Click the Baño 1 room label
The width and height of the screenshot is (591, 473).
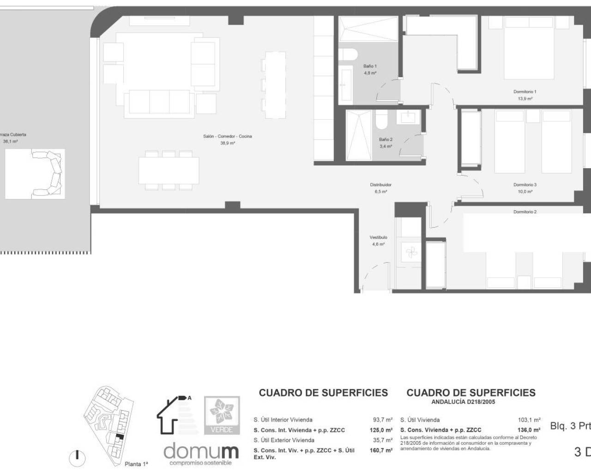(x=370, y=67)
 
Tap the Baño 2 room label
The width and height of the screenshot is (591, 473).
(x=386, y=139)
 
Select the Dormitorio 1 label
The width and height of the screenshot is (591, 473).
(x=525, y=92)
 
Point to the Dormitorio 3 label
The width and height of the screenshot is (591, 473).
(x=525, y=185)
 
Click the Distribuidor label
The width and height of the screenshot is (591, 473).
(x=380, y=185)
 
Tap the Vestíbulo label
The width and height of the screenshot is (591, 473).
(x=378, y=237)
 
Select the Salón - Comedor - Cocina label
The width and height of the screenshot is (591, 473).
(x=228, y=136)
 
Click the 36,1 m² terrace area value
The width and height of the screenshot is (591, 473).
(x=10, y=142)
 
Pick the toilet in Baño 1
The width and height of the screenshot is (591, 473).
(x=348, y=55)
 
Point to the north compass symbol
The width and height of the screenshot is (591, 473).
(x=77, y=457)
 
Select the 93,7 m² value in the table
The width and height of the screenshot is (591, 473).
(x=382, y=420)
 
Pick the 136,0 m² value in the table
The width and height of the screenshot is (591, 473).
(x=530, y=430)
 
